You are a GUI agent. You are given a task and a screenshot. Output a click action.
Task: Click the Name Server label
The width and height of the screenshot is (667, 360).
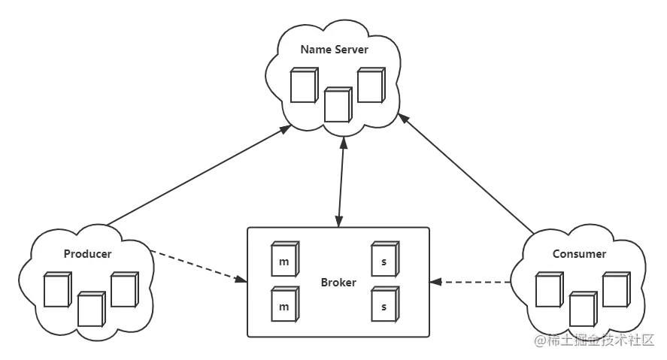click(334, 50)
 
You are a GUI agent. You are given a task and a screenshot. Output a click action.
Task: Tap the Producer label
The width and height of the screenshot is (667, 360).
click(87, 254)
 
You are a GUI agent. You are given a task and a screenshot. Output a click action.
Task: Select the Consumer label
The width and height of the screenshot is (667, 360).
click(579, 254)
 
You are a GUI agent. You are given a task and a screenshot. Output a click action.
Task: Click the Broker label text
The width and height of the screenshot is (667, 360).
click(338, 283)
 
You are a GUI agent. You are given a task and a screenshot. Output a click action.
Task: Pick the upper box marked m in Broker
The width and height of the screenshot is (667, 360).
click(284, 260)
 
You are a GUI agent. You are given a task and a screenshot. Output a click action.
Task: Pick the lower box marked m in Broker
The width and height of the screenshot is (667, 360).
click(284, 305)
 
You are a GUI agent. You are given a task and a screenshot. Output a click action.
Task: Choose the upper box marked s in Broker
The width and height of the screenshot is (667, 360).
click(384, 260)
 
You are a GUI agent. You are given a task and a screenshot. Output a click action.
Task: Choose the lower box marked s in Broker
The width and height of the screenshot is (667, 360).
click(384, 305)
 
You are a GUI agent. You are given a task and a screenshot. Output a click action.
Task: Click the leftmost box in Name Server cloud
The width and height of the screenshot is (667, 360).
click(303, 86)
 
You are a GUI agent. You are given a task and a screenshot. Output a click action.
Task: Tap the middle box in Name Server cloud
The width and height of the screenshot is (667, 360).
click(338, 104)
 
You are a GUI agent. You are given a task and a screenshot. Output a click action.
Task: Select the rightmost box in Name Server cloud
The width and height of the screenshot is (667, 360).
click(370, 85)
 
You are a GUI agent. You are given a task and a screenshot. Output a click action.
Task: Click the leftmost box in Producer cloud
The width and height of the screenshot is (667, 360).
click(56, 289)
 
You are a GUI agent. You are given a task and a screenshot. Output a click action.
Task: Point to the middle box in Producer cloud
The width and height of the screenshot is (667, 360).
click(90, 308)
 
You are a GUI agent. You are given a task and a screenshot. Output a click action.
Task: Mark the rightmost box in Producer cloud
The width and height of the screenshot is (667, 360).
click(123, 289)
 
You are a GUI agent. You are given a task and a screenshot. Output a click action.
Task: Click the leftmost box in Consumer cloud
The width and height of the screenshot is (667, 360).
click(548, 289)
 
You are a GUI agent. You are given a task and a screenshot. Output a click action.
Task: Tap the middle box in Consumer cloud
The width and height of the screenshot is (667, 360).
click(582, 308)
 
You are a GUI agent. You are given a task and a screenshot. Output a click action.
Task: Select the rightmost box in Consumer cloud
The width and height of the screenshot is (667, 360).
click(615, 289)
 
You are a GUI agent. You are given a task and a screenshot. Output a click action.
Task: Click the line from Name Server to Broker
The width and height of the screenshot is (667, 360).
click(341, 180)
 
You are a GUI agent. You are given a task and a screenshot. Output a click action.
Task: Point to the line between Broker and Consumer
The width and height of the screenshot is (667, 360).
click(471, 283)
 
